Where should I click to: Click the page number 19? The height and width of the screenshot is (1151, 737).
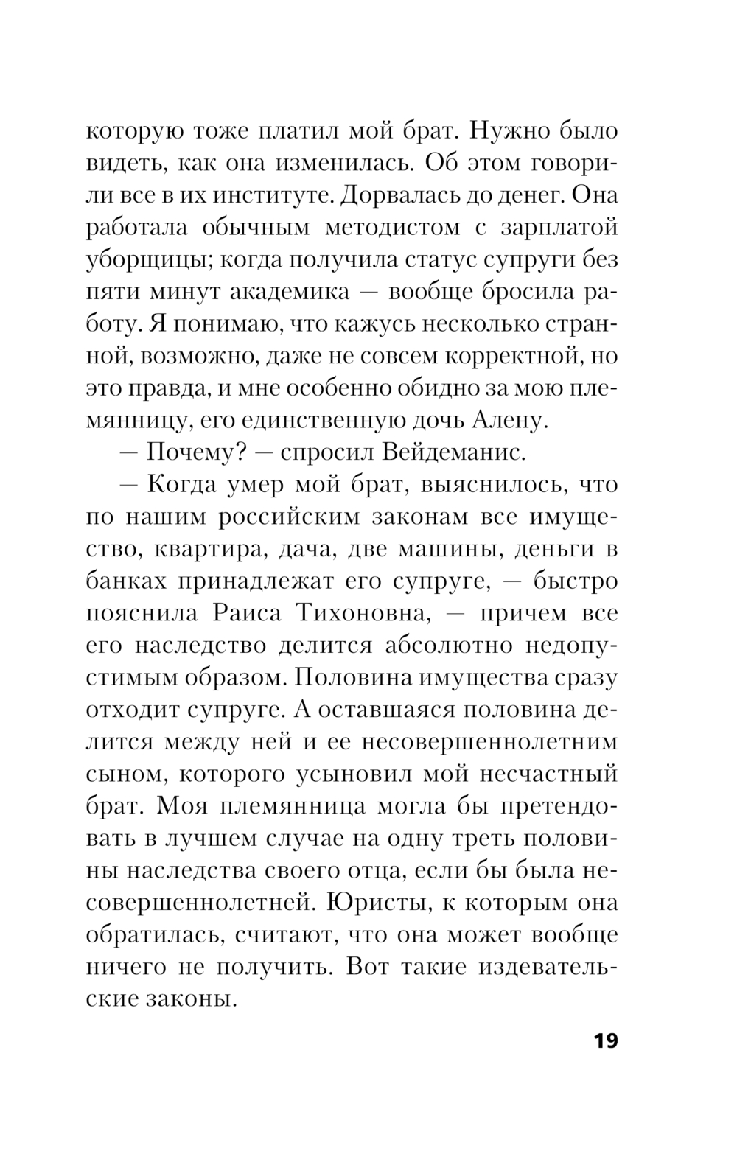pyautogui.click(x=604, y=1041)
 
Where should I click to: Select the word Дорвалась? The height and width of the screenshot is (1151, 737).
pyautogui.click(x=415, y=195)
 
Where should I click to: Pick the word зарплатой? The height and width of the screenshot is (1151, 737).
pyautogui.click(x=566, y=228)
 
